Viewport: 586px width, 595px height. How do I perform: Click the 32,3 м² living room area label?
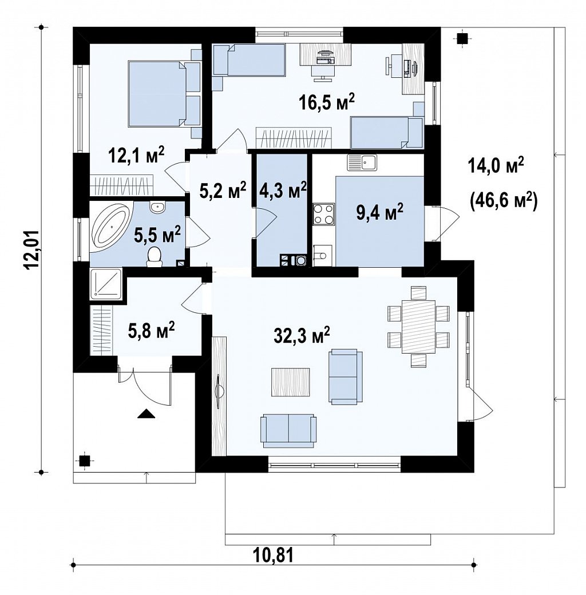click(302, 335)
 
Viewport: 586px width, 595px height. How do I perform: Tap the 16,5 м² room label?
click(327, 102)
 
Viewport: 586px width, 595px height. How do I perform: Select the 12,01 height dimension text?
click(32, 250)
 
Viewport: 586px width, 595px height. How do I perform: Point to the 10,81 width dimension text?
click(274, 556)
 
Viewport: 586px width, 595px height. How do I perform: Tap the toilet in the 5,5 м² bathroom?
click(154, 256)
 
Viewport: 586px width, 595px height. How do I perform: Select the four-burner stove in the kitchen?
click(323, 214)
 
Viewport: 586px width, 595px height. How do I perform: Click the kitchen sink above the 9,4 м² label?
click(361, 163)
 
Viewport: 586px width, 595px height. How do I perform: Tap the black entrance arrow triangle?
click(146, 413)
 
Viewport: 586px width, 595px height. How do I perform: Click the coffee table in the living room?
click(292, 383)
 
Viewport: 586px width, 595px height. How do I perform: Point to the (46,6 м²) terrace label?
click(503, 201)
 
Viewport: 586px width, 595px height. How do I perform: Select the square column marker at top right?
click(462, 39)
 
